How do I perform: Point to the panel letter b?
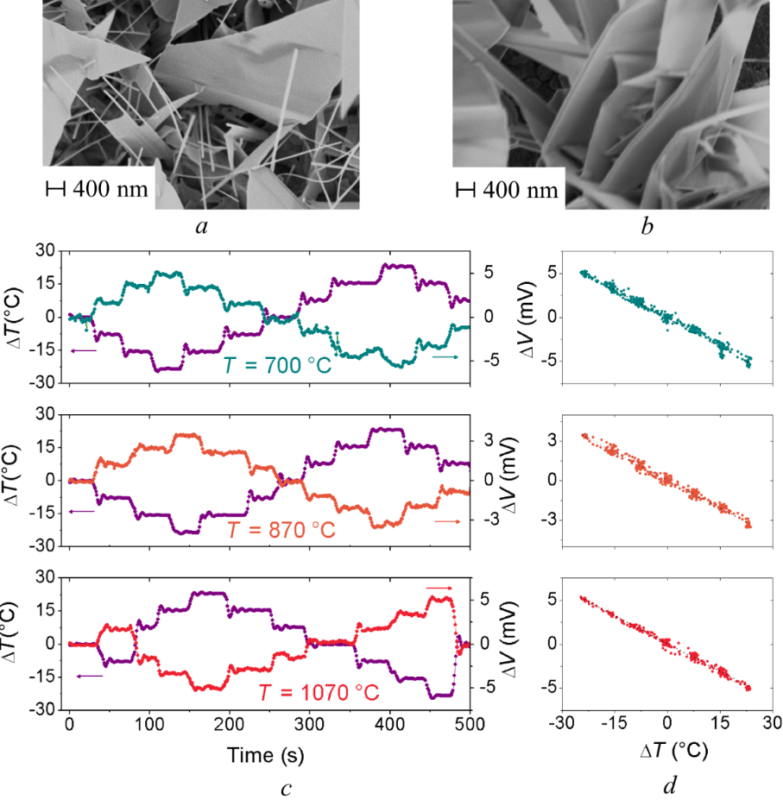647,228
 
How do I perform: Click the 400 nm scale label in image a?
110,188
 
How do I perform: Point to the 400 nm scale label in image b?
519,188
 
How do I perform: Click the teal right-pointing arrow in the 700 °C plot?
445,356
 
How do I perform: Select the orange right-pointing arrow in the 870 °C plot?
446,521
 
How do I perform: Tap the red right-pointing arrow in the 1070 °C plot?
439,588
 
